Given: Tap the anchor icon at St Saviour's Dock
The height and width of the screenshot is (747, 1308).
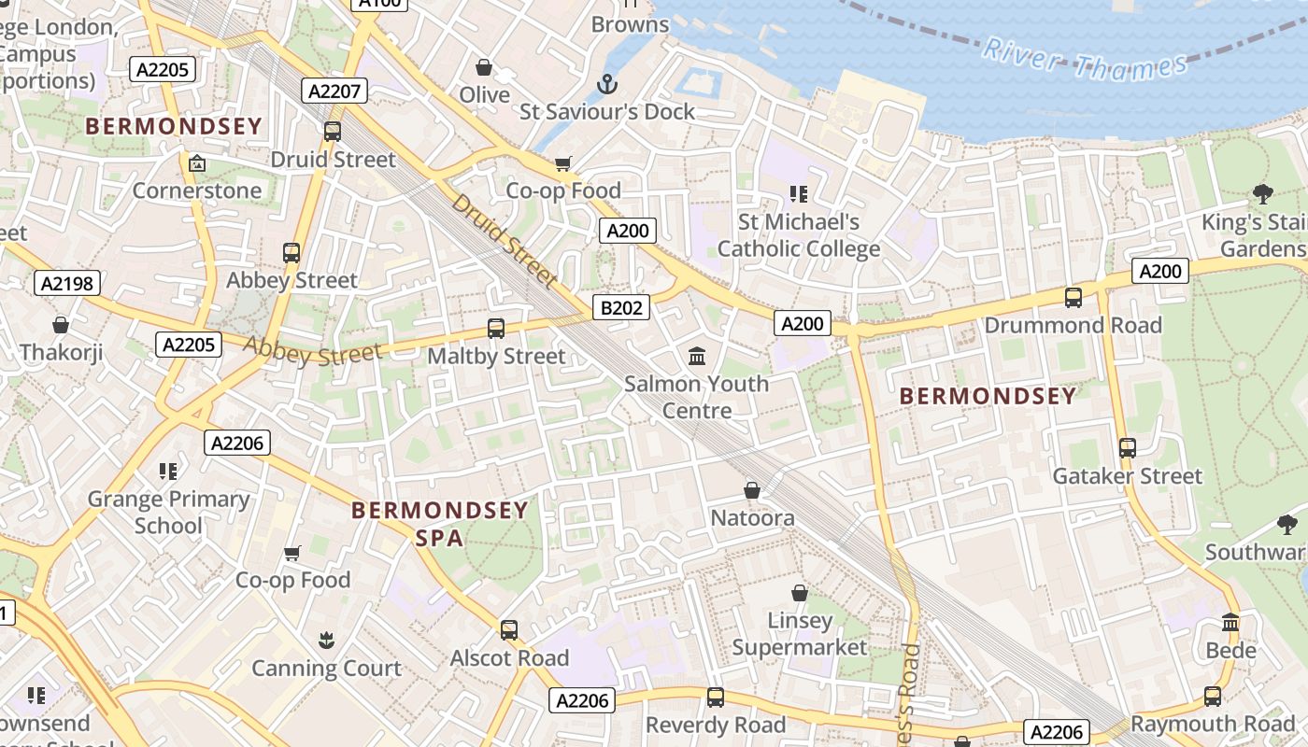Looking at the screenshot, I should tap(607, 84).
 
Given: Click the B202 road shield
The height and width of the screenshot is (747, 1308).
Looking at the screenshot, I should tap(621, 307).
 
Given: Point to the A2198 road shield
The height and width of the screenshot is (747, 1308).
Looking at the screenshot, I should tap(68, 283).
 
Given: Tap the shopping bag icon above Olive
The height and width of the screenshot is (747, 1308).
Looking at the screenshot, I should tap(484, 67).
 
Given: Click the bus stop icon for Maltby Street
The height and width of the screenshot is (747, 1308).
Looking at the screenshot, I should tap(496, 329).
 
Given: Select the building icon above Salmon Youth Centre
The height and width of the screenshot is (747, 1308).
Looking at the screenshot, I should tap(697, 356).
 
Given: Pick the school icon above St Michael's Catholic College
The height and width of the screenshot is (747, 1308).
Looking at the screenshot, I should tap(798, 194).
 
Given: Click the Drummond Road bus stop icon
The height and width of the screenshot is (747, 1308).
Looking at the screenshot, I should tap(1073, 298).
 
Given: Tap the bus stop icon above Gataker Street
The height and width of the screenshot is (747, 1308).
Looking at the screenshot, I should tap(1128, 448).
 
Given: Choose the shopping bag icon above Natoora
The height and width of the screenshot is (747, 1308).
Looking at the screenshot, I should tap(752, 490).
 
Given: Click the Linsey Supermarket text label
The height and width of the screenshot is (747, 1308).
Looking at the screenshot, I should tap(800, 634).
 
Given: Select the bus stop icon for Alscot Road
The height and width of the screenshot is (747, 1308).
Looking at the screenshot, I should tap(509, 630).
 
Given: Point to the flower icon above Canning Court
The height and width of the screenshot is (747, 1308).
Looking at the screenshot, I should tap(326, 641).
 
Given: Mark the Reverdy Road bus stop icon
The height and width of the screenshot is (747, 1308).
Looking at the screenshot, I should tap(716, 697).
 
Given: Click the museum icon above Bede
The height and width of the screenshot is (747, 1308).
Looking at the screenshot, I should tap(1230, 622).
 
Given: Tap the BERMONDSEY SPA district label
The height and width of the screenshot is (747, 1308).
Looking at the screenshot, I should tap(440, 524).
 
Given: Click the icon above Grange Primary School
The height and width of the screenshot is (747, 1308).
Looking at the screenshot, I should tap(168, 471).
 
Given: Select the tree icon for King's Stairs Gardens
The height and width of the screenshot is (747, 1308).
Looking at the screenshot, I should tap(1262, 194).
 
